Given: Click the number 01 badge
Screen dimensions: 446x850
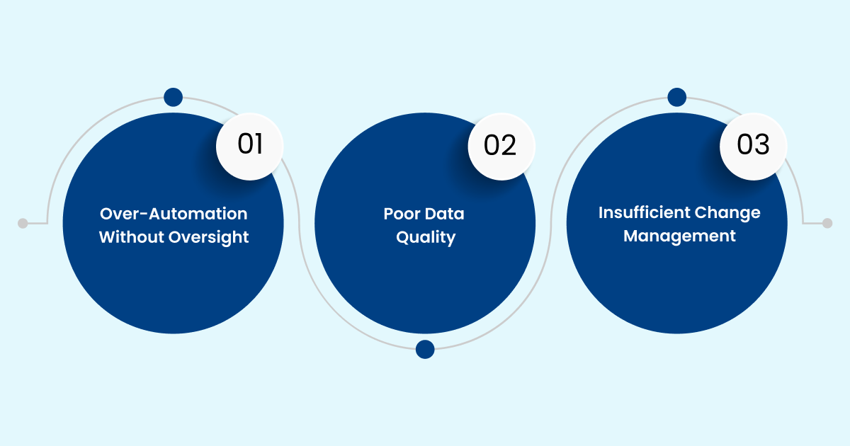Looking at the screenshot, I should click(249, 146).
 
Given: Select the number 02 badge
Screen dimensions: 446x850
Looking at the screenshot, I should click(501, 146).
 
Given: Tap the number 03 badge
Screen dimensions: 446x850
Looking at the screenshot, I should click(753, 146).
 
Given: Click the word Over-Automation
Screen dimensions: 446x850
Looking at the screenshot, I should click(174, 214).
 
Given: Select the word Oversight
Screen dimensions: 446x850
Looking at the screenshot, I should click(209, 238).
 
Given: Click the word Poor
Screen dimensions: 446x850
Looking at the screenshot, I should click(403, 214).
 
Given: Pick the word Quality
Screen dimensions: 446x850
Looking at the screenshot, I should click(425, 238).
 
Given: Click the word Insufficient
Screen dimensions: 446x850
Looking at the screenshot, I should click(642, 212).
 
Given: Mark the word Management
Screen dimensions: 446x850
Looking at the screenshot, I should click(679, 236).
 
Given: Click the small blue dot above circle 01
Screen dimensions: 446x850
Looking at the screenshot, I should click(173, 98).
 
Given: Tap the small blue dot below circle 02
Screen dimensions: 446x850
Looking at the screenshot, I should click(425, 349).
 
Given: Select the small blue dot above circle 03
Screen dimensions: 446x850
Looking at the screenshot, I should click(677, 98).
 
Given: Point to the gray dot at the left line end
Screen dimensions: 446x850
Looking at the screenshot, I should click(23, 223).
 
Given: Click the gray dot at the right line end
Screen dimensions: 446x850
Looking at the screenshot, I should click(827, 223).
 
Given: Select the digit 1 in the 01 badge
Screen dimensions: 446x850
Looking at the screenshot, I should click(259, 146).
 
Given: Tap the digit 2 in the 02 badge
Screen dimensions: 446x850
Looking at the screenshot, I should click(510, 146).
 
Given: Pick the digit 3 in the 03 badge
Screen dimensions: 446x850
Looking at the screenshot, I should click(762, 146).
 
